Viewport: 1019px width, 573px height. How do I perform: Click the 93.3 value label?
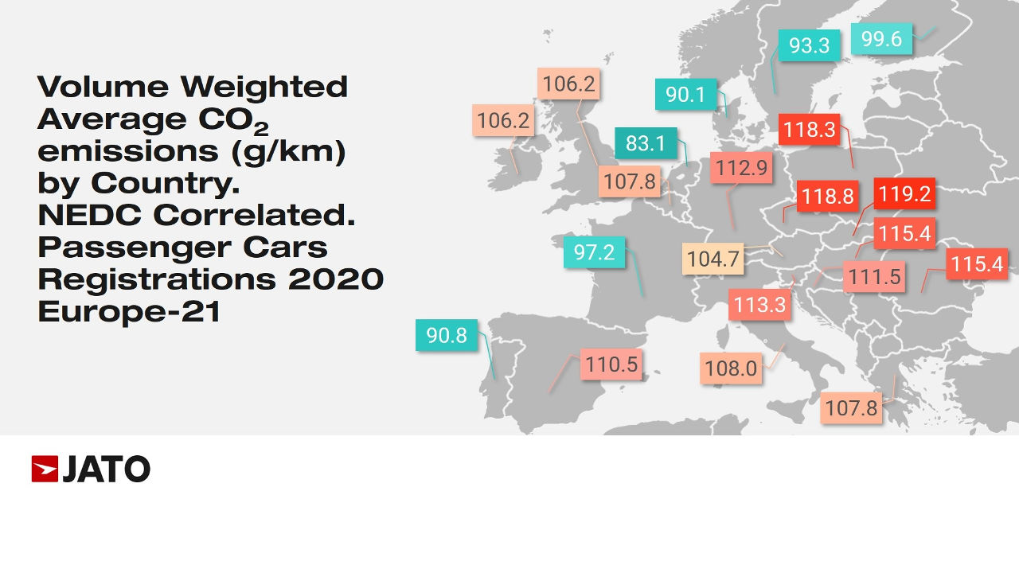tap(809, 46)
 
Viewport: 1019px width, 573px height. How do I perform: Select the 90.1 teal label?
tap(685, 95)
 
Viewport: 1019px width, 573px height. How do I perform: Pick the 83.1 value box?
tap(646, 144)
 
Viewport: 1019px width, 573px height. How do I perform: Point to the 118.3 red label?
tap(810, 130)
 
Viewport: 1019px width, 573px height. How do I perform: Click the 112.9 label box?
tap(741, 168)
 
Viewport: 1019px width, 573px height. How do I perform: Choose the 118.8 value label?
tap(828, 197)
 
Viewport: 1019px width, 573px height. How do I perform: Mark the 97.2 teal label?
tap(594, 253)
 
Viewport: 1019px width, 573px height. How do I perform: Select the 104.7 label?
tap(713, 260)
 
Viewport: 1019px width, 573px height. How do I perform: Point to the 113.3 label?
tap(760, 305)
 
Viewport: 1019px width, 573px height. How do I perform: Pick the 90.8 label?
tap(447, 335)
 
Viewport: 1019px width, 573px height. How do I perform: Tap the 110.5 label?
tap(611, 365)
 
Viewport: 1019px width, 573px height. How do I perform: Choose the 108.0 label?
tap(730, 368)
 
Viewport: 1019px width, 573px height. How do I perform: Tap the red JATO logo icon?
tap(45, 470)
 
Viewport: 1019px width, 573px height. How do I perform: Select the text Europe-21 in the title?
tap(129, 311)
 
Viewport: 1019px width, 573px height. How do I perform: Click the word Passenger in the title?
tap(124, 247)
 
